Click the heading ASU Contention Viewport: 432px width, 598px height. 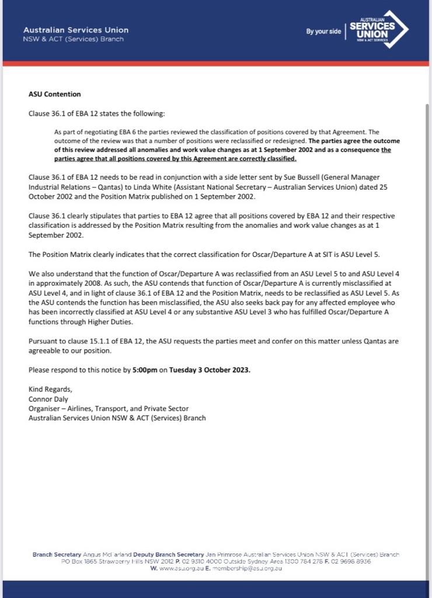[x=55, y=94]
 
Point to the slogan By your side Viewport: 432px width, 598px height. [x=323, y=32]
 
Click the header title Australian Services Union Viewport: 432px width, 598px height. [x=76, y=30]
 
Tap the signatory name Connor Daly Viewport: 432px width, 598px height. [x=48, y=399]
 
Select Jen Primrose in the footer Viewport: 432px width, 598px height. [x=224, y=554]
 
